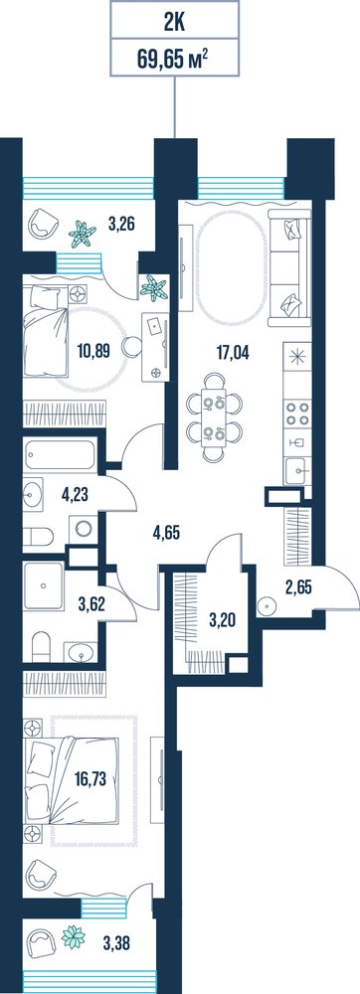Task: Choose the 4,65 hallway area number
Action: tap(167, 531)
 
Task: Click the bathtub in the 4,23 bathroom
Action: tap(60, 454)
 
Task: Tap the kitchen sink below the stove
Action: tap(297, 471)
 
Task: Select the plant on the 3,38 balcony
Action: tap(74, 937)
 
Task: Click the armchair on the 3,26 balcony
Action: tap(43, 223)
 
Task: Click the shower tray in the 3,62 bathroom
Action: tap(45, 585)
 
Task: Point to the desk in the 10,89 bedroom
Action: tap(156, 347)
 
